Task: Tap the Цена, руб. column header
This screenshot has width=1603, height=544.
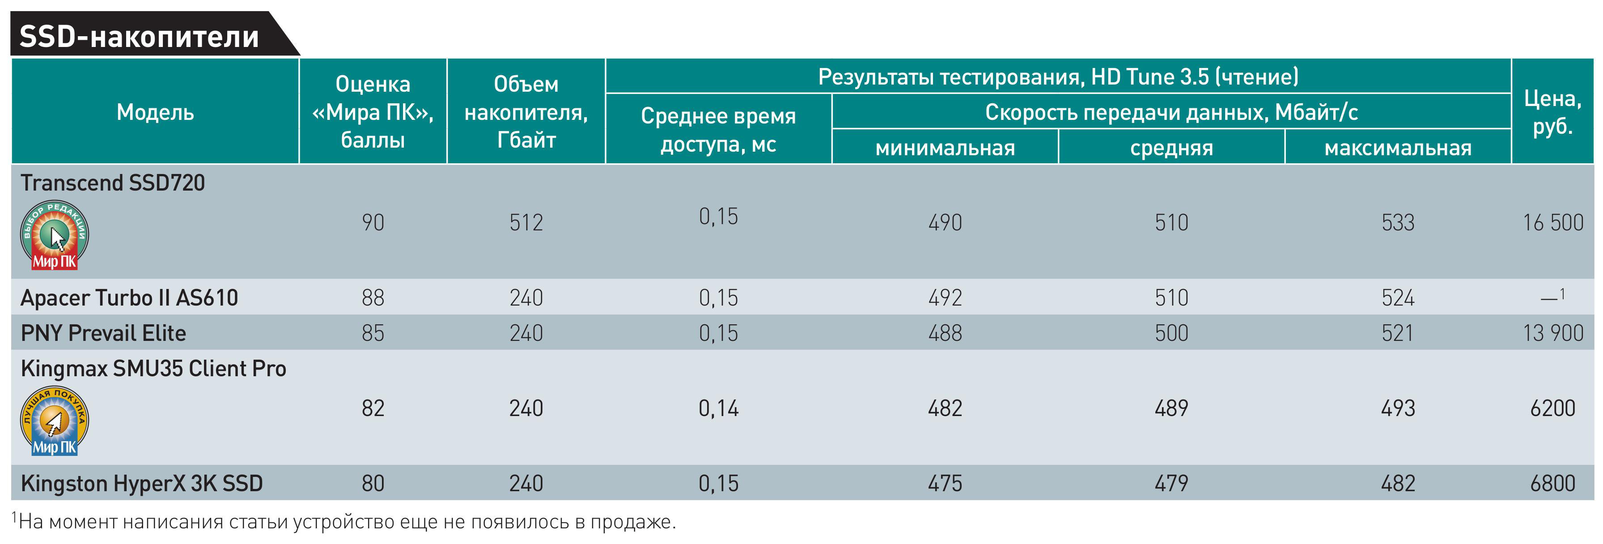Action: point(1552,112)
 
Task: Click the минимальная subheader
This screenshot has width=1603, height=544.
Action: point(945,148)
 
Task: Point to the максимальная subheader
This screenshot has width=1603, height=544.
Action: point(1398,148)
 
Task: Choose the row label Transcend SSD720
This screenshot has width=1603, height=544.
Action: point(113,183)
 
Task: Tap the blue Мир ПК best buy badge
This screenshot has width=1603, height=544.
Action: point(54,421)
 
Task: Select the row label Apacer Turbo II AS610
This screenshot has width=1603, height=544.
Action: point(129,297)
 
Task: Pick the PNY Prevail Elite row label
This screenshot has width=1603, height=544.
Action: point(103,333)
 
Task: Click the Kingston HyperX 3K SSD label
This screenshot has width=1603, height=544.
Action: point(142,484)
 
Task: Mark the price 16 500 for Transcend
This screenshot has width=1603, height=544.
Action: point(1552,223)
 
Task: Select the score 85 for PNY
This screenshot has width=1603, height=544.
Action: point(373,333)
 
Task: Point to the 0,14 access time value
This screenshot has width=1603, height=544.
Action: point(718,408)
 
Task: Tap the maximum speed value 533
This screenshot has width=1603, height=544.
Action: point(1398,223)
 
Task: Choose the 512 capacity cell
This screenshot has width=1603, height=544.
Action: point(526,223)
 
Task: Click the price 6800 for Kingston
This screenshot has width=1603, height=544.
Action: point(1552,484)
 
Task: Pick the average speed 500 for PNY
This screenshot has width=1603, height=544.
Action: point(1171,333)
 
